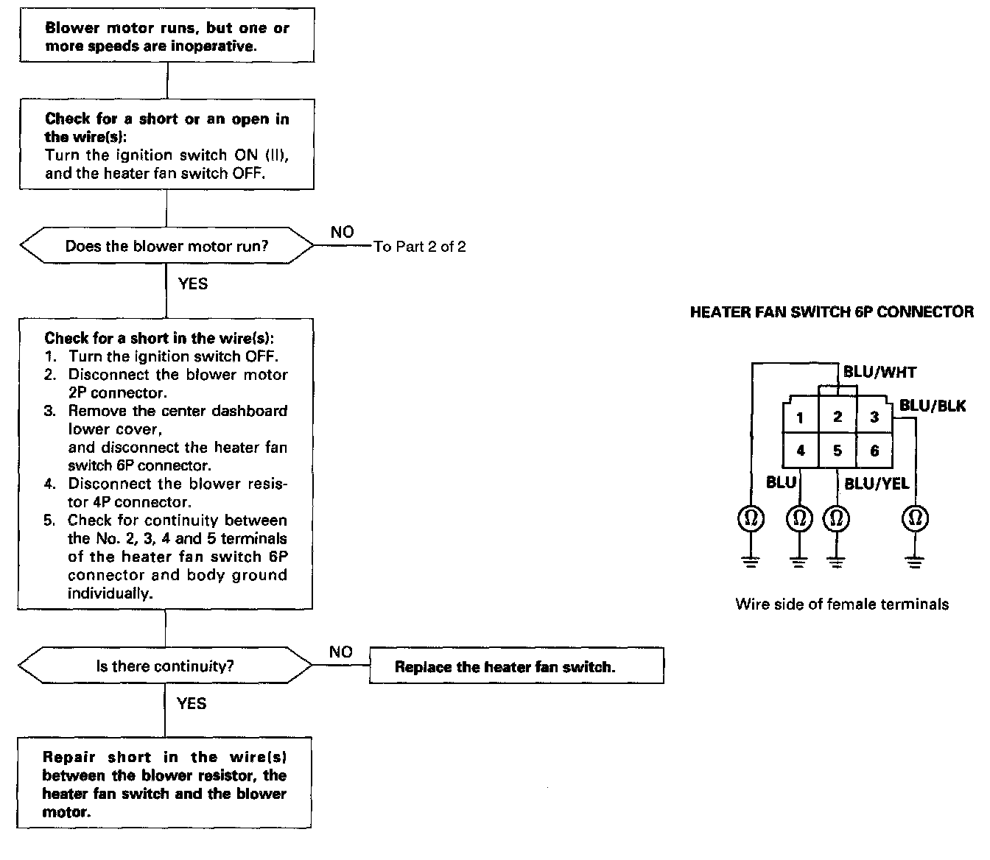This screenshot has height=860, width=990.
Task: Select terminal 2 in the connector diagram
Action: point(838,417)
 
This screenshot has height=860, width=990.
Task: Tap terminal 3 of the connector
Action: point(874,417)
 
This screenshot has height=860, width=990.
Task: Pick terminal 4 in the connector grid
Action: point(800,451)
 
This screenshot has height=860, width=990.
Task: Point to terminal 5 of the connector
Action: point(838,451)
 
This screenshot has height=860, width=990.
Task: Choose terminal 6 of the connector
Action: point(874,451)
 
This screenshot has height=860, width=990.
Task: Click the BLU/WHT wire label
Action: point(880,372)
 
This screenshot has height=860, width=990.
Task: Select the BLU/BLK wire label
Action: point(932,406)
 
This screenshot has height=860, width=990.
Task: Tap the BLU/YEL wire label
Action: point(876,484)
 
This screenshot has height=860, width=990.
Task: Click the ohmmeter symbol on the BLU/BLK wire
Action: point(915,519)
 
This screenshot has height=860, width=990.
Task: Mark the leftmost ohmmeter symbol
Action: point(751,519)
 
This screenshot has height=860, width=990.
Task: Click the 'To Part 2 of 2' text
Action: point(420,247)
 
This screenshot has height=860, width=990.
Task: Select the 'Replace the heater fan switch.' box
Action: point(516,666)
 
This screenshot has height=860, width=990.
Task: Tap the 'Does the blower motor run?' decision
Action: point(166,246)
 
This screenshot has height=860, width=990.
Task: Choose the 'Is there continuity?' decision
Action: point(165,666)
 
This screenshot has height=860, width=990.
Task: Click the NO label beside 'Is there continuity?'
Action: point(341,652)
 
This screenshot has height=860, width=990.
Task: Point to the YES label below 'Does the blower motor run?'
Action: point(193,283)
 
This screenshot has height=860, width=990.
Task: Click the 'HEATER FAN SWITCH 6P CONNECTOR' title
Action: point(832,312)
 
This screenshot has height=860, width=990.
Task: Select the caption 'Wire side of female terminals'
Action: point(842,605)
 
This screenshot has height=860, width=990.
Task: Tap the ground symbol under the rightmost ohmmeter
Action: point(915,563)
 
